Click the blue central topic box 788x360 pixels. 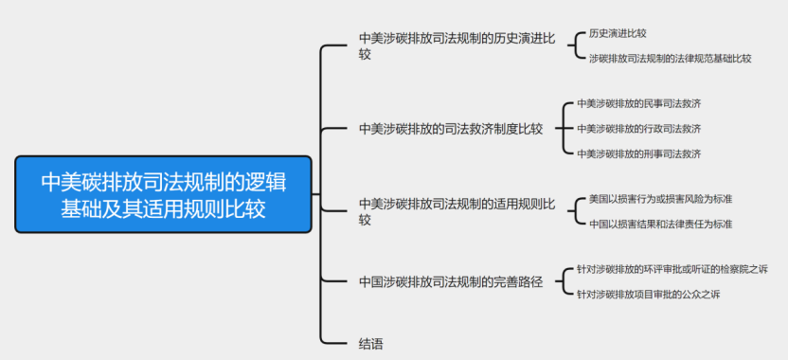tap(163, 194)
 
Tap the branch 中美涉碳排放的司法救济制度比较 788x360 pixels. tap(451, 129)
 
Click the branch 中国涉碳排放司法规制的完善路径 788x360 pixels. tap(451, 281)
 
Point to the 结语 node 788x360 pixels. tap(371, 344)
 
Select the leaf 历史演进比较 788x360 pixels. tap(618, 33)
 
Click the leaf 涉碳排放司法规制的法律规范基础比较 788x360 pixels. tap(670, 58)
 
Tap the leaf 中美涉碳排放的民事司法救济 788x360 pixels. tap(639, 103)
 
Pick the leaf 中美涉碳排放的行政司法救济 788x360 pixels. tap(639, 128)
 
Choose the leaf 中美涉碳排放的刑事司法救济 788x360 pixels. tap(639, 153)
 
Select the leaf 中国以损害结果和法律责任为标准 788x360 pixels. tap(660, 225)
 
